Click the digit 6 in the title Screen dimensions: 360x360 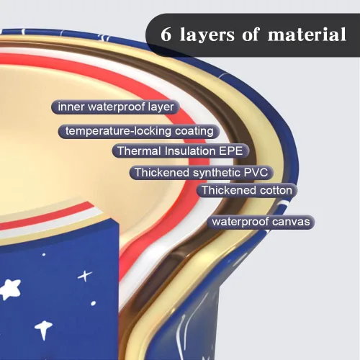click(x=166, y=35)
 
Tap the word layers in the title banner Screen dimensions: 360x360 click(x=207, y=35)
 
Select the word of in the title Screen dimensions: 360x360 click(x=251, y=34)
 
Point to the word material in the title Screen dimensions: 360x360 click(x=307, y=34)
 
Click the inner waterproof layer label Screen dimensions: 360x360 click(x=116, y=107)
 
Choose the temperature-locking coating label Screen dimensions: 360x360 click(x=139, y=131)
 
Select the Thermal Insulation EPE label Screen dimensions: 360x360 click(x=181, y=151)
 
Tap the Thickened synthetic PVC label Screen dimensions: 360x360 click(x=202, y=173)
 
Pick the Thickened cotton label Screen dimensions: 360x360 click(x=247, y=191)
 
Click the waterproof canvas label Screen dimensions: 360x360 click(x=261, y=222)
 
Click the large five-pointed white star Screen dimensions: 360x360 click(x=10, y=289)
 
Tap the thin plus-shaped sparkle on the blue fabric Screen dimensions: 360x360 click(x=85, y=276)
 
